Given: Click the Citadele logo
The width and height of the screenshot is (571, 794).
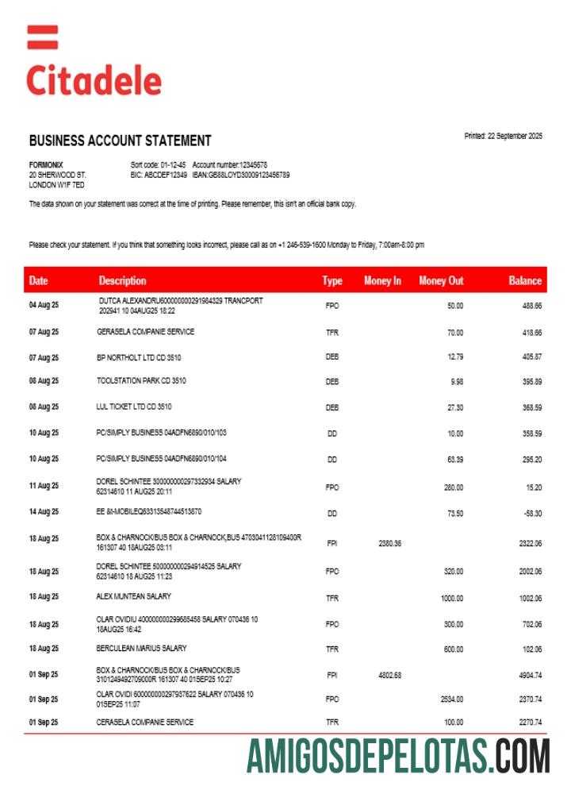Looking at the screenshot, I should pos(94,64).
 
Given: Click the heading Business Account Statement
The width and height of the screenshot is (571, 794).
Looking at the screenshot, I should pos(120,141).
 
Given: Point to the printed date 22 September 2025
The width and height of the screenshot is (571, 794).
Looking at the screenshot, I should pos(503,136).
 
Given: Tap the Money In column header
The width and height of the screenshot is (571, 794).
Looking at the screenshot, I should pos(382,280).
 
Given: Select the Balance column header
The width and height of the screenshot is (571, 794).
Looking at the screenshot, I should pos(525,280).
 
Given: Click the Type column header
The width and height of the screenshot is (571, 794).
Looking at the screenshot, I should pos(332,280).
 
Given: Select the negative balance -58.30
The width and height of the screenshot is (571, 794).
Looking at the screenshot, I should pos(531,513).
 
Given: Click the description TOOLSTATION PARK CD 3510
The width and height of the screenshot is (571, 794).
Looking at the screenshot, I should pos(140,381).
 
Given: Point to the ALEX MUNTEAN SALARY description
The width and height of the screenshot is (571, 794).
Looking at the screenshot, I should pos(133,596).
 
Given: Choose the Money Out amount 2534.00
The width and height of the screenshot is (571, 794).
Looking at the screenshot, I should pos(451,699).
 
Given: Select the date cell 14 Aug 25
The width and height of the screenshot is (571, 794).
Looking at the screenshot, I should pos(44,512).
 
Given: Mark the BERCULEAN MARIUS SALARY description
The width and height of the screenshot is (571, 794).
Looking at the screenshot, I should pos(141,648).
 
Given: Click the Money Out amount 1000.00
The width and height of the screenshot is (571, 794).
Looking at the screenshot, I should pos(451,598).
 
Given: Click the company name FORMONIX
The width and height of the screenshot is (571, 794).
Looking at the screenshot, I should pos(46,164).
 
